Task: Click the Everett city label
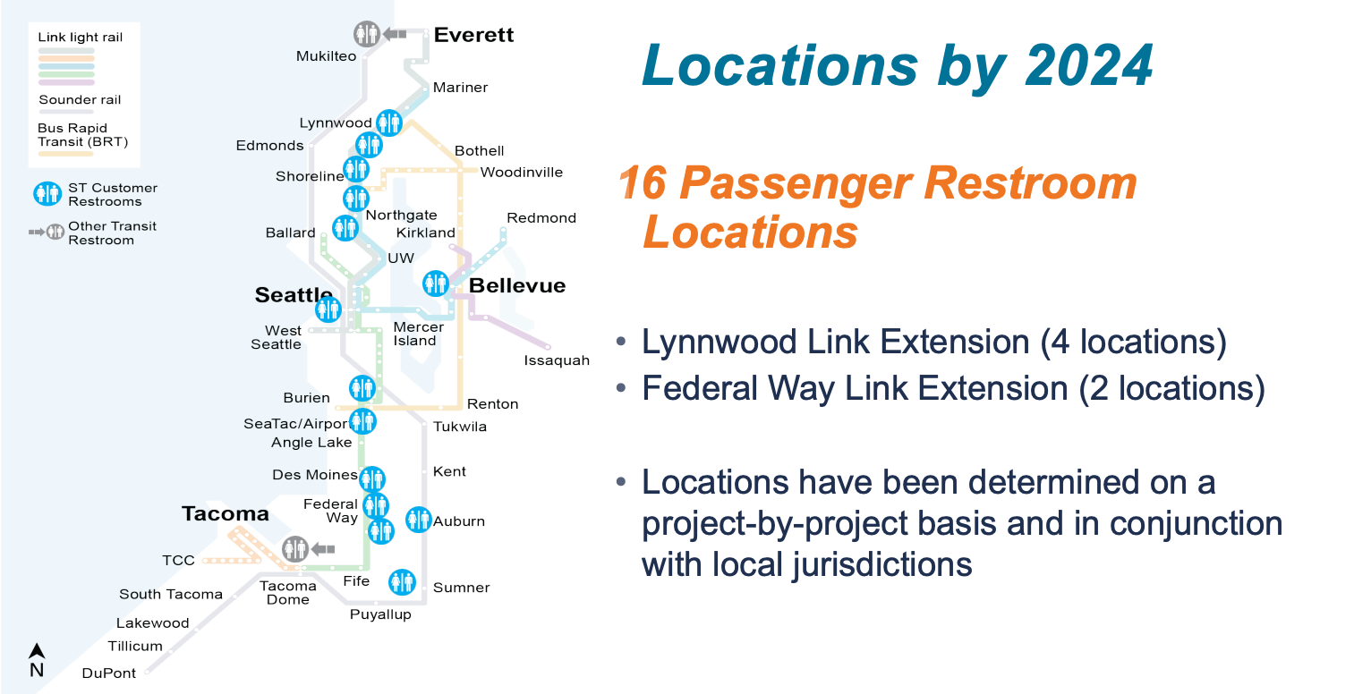[473, 35]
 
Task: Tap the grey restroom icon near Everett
[367, 34]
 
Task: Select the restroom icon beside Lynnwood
[389, 123]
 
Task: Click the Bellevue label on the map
[517, 285]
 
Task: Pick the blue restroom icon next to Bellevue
[436, 284]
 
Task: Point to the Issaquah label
[557, 360]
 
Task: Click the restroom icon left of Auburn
[419, 519]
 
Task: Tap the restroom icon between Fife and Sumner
[402, 582]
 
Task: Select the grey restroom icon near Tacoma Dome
[295, 548]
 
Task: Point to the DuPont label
[109, 673]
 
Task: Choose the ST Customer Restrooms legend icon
[47, 194]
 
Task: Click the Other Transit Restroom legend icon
[47, 233]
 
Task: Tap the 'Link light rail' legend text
[81, 38]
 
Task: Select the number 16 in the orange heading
[643, 182]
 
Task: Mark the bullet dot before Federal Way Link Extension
[621, 387]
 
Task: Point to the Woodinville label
[522, 173]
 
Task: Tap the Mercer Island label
[419, 334]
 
